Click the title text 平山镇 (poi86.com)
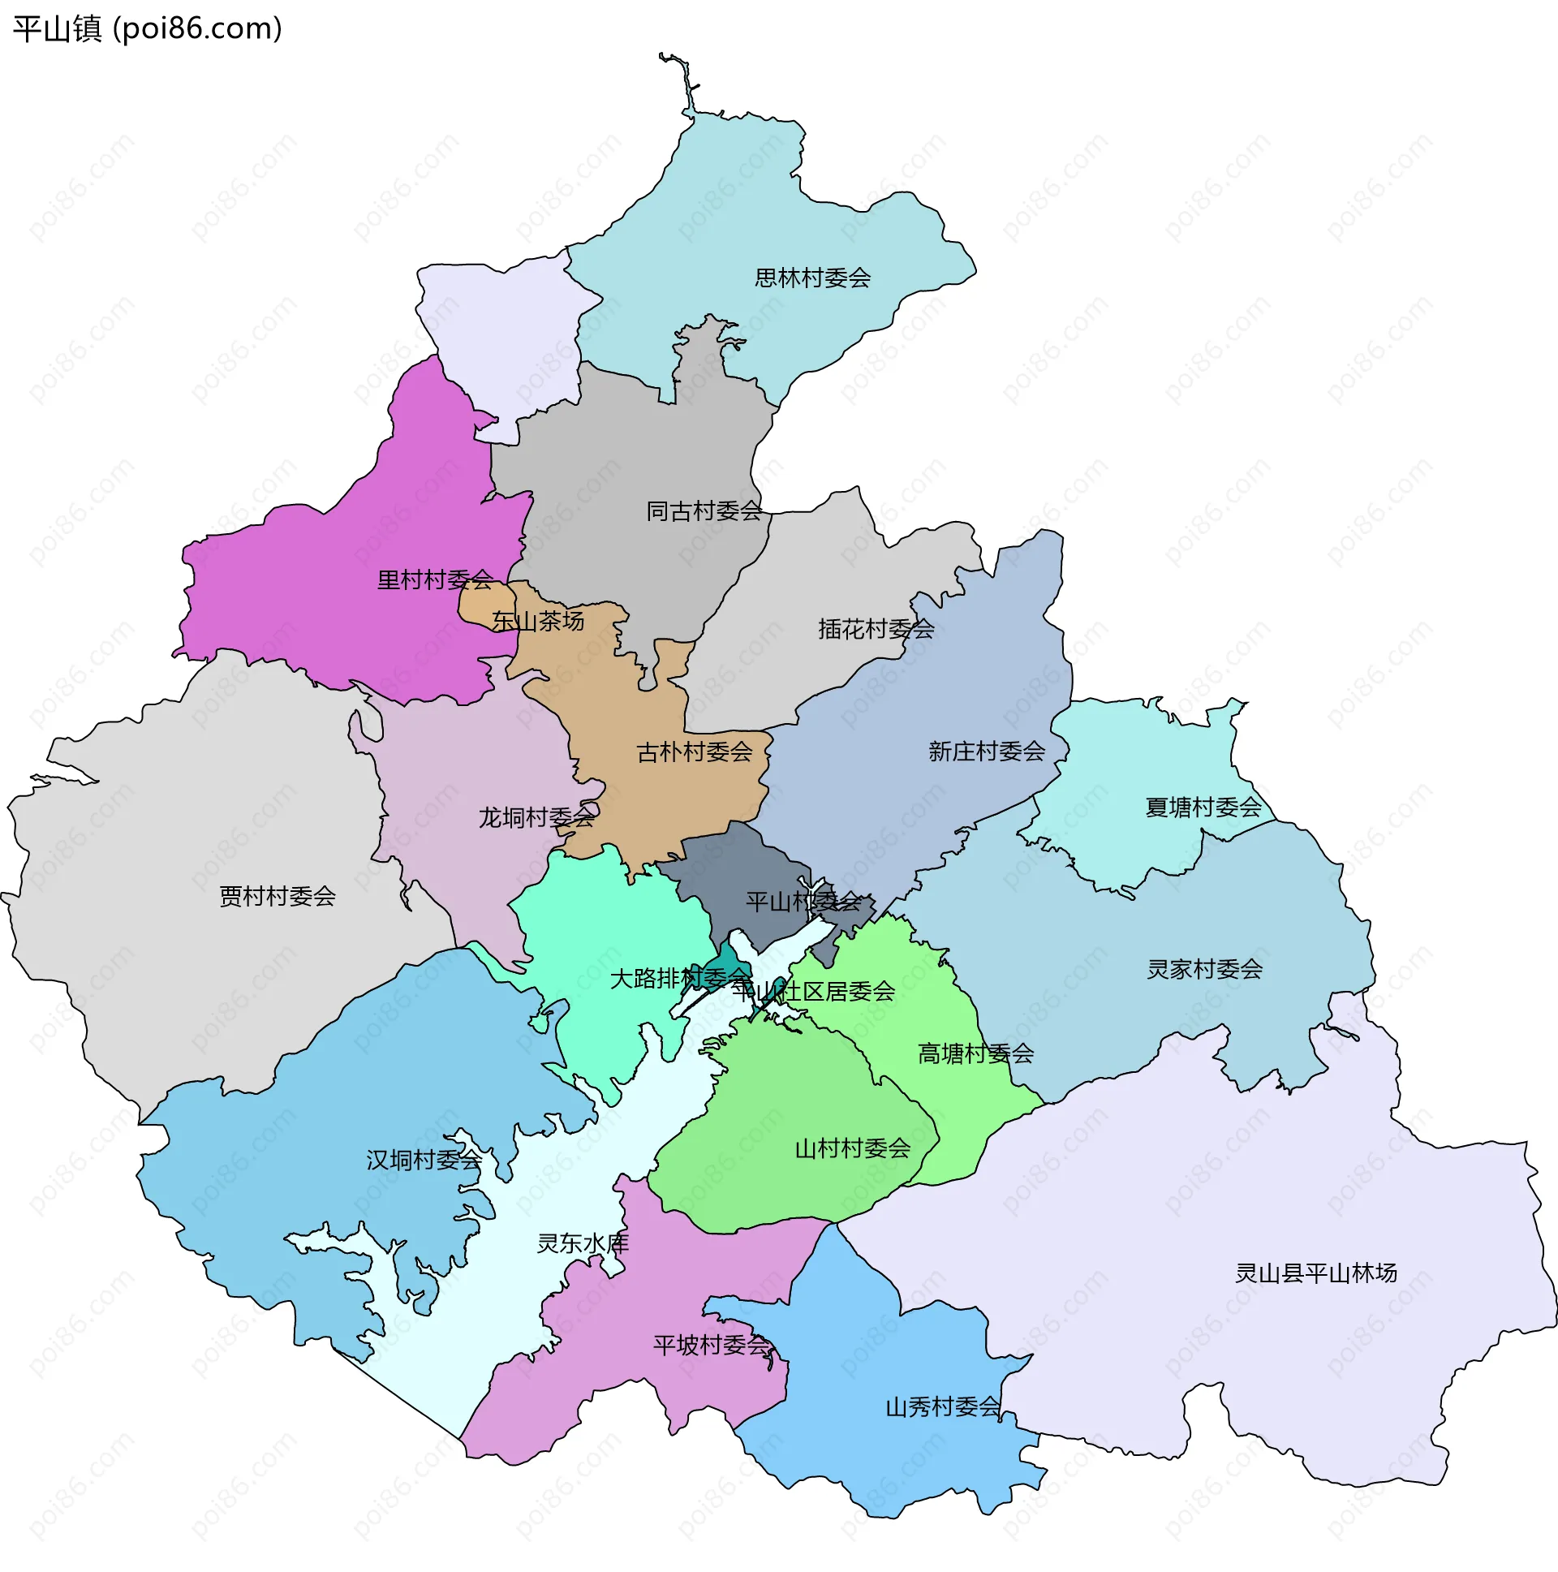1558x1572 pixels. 147,29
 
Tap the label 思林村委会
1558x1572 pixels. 812,278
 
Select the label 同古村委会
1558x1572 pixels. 704,511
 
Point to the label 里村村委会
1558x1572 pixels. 434,580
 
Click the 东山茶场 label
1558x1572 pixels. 538,622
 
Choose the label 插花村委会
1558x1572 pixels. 876,629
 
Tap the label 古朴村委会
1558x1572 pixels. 694,752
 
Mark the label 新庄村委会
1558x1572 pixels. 986,751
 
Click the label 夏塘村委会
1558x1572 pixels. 1203,808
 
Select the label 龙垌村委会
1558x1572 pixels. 536,817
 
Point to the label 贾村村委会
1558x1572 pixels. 278,897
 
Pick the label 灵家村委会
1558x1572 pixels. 1204,969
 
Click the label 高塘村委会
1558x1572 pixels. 975,1054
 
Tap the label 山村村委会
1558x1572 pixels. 852,1149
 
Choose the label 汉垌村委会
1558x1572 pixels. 423,1161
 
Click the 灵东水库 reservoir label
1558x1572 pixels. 583,1243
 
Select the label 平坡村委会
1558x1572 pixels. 711,1345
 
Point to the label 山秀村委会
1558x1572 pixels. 942,1406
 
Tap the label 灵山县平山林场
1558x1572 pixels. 1315,1273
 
